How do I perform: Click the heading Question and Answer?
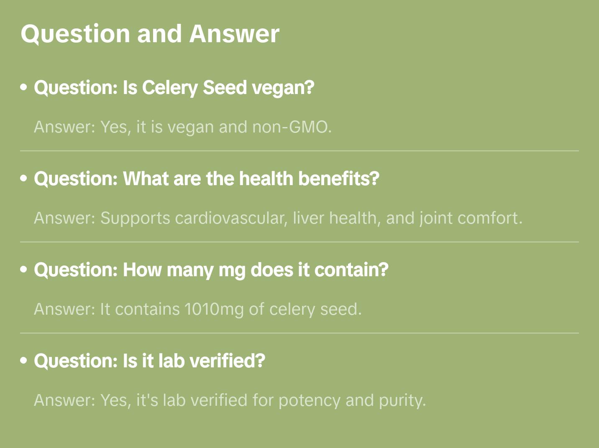150,33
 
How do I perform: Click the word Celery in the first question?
170,88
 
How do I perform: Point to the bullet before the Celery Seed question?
24,88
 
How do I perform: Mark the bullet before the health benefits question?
24,179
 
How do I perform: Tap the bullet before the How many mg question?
24,270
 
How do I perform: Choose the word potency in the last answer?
310,400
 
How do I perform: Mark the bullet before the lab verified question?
24,361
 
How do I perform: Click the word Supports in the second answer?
135,218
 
